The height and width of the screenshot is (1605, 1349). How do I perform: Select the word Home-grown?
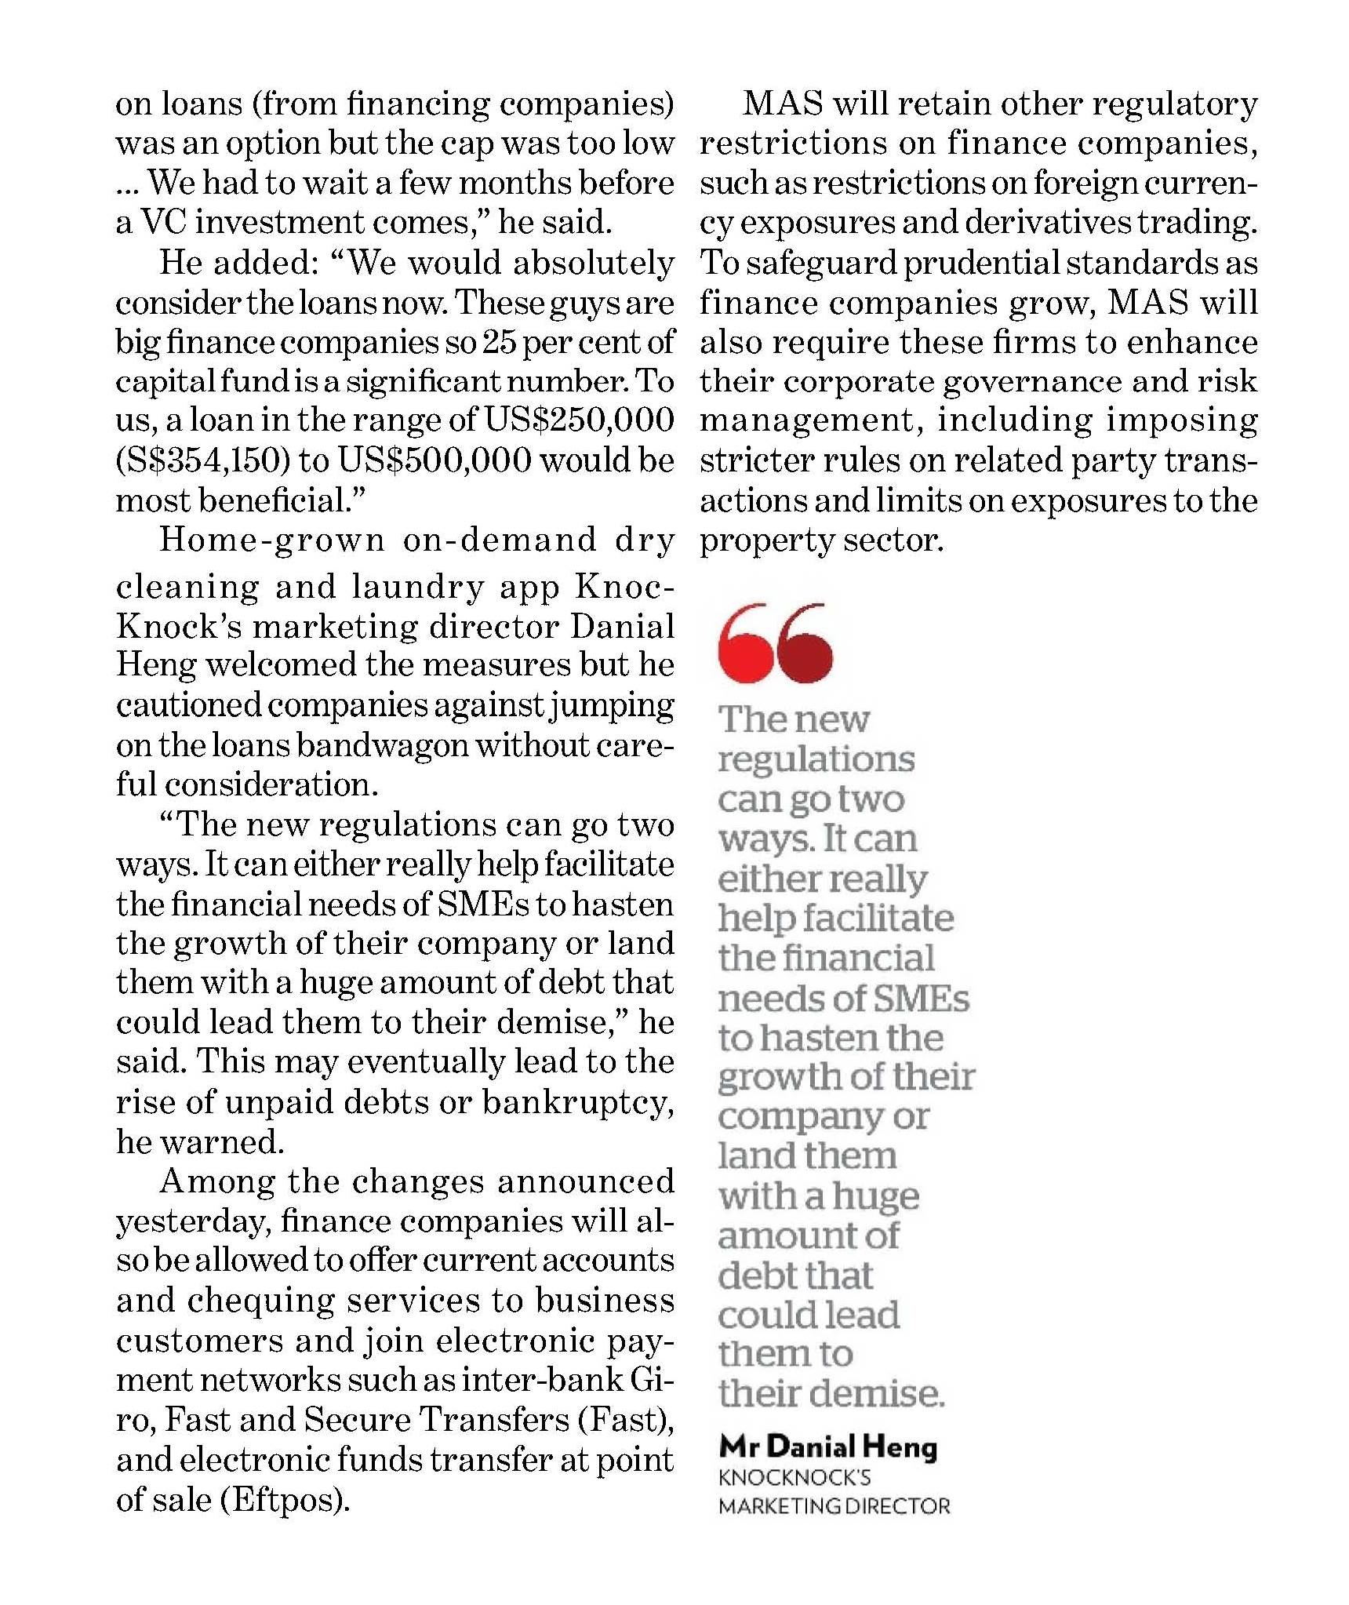tap(272, 540)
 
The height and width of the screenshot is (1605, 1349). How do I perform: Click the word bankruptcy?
tap(577, 1102)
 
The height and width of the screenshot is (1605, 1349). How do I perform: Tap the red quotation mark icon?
tap(774, 643)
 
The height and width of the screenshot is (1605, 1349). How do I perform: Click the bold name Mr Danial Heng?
tap(827, 1447)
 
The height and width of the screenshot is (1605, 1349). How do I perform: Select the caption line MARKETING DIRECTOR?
tap(834, 1506)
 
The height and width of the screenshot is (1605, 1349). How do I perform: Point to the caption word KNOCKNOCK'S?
tap(794, 1478)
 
